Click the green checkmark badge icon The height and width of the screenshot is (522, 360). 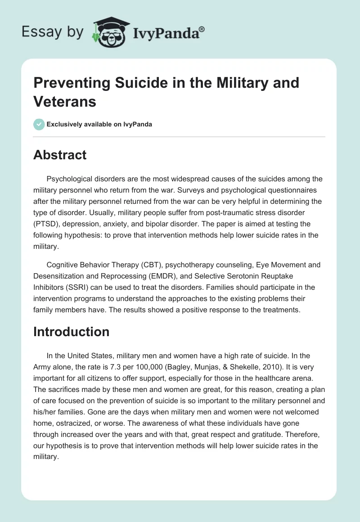coord(39,124)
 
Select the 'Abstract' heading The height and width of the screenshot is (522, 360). coord(60,155)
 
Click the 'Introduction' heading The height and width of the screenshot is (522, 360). coord(71,332)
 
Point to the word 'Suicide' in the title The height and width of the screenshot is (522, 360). coord(136,83)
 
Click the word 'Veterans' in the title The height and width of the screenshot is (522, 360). coord(65,102)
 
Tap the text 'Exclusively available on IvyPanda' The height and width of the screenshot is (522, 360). coord(99,124)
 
